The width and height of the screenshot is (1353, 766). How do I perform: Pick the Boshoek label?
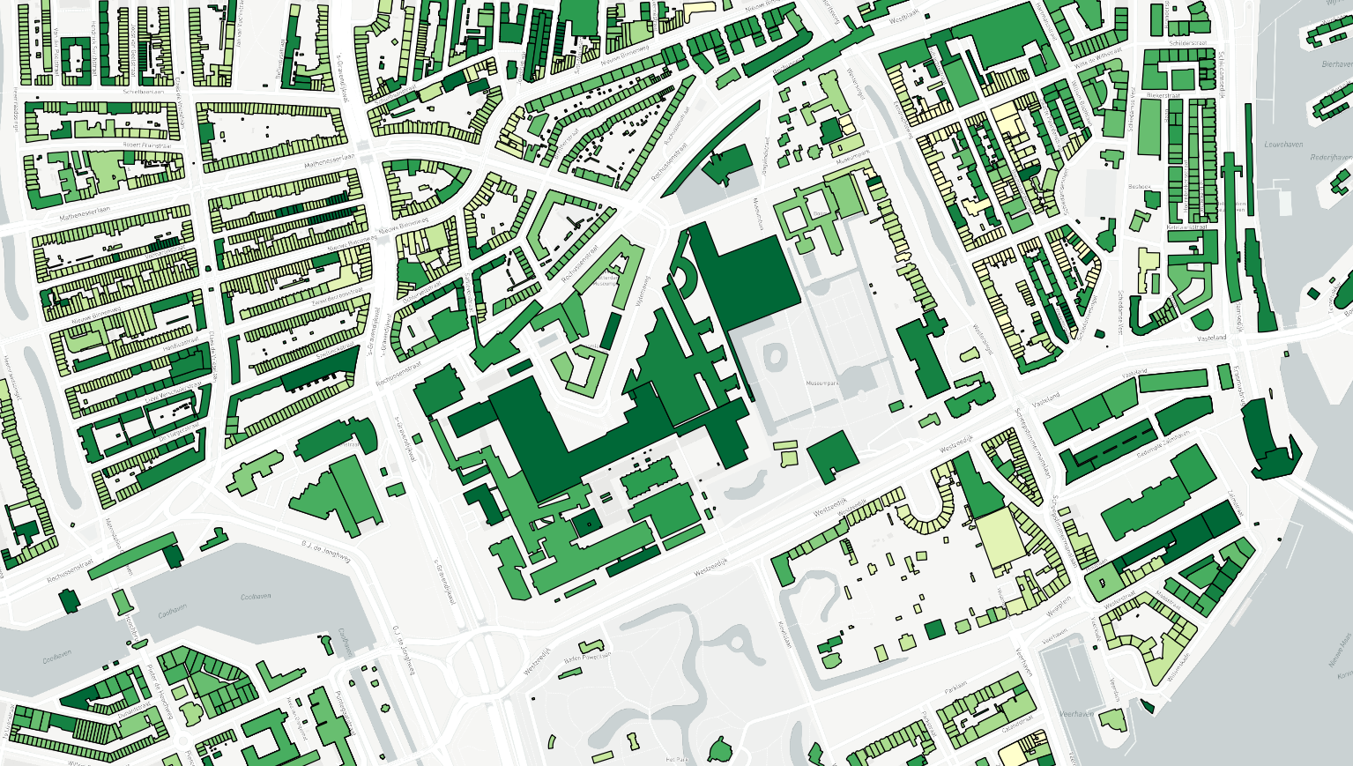1140,187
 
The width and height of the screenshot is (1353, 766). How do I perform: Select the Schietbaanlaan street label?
145,91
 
